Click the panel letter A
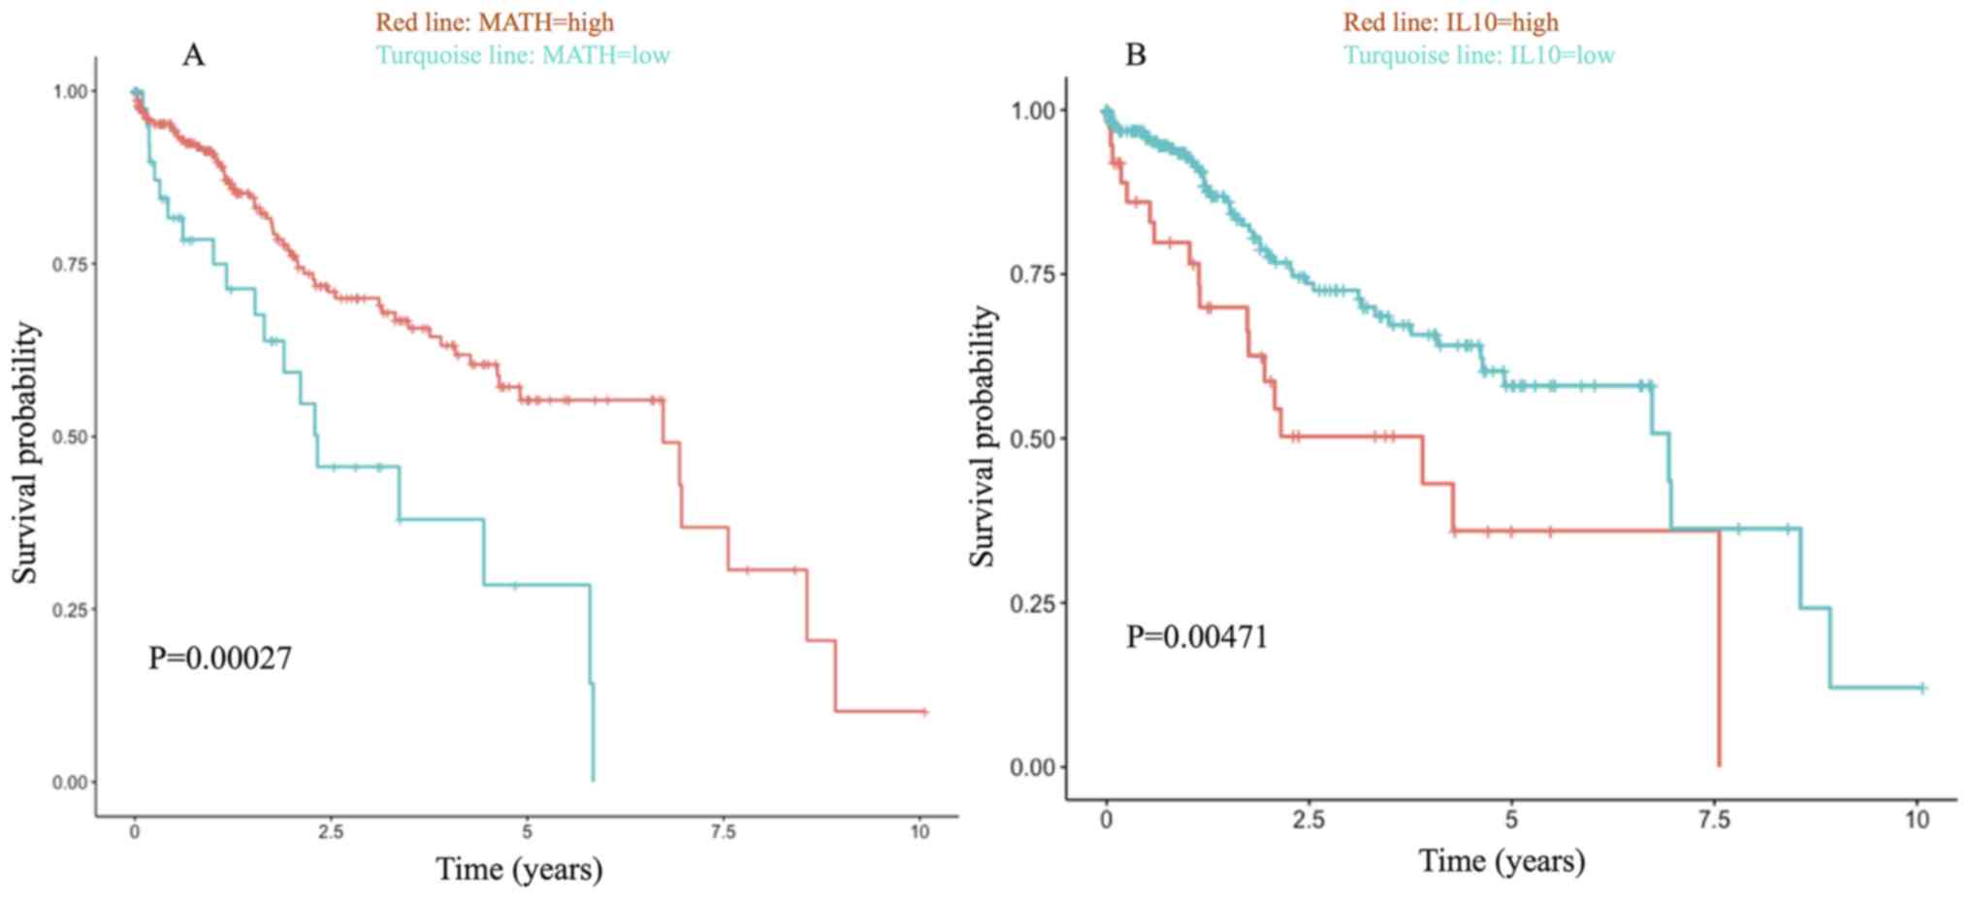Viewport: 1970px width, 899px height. pyautogui.click(x=193, y=56)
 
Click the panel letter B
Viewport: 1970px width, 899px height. pyautogui.click(x=1135, y=55)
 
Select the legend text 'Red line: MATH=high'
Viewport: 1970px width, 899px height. pyautogui.click(x=495, y=21)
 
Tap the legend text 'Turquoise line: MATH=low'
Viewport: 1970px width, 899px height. pyautogui.click(x=523, y=54)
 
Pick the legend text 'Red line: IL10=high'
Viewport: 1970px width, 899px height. pyautogui.click(x=1450, y=21)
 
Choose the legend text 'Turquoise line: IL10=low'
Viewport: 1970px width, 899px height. pyautogui.click(x=1478, y=54)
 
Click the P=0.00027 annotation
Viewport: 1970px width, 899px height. pyautogui.click(x=219, y=658)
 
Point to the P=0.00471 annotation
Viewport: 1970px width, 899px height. pyautogui.click(x=1196, y=637)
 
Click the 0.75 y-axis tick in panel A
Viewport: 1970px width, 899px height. pyautogui.click(x=69, y=265)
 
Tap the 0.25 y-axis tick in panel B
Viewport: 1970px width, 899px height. pyautogui.click(x=1034, y=603)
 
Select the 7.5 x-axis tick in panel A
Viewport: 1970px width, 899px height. pyautogui.click(x=724, y=832)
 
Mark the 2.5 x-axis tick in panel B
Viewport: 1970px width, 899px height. pyautogui.click(x=1308, y=820)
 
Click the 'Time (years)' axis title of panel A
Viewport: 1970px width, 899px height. pyautogui.click(x=519, y=869)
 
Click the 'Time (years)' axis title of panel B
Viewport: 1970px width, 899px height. pyautogui.click(x=1502, y=860)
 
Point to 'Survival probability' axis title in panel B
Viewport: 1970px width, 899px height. pyautogui.click(x=983, y=436)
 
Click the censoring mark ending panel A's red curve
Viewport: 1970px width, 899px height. pyautogui.click(x=924, y=712)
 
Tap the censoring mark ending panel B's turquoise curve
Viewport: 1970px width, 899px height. pyautogui.click(x=1922, y=689)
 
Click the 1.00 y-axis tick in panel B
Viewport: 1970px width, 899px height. pyautogui.click(x=1034, y=111)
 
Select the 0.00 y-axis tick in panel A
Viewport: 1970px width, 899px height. pyautogui.click(x=69, y=783)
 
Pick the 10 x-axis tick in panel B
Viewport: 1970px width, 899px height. pyautogui.click(x=1918, y=820)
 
